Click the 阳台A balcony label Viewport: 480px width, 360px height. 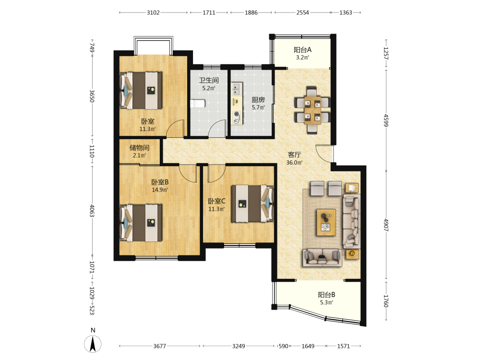tap(302, 49)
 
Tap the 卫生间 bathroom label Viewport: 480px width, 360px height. tap(209, 80)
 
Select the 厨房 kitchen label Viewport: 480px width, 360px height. tap(258, 100)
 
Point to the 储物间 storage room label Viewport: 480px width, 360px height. tap(139, 148)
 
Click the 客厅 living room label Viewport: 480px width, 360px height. tap(294, 155)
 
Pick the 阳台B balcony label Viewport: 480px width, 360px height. tap(326, 295)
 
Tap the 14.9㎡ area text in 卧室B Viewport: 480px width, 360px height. tap(160, 190)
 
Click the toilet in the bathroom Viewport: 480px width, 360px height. tap(197, 104)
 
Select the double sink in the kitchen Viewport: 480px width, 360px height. tap(236, 89)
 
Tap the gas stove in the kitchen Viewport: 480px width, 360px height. tap(236, 117)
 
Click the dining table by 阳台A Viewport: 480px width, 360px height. tap(312, 110)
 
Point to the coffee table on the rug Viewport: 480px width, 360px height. tap(326, 223)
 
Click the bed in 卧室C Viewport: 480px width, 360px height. tap(252, 203)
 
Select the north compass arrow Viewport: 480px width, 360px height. tap(93, 344)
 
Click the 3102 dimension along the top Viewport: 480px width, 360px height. tap(153, 12)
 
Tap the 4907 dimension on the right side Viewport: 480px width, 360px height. tap(386, 225)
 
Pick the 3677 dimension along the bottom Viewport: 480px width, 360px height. tap(159, 346)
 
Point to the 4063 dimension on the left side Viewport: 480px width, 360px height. tap(92, 211)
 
